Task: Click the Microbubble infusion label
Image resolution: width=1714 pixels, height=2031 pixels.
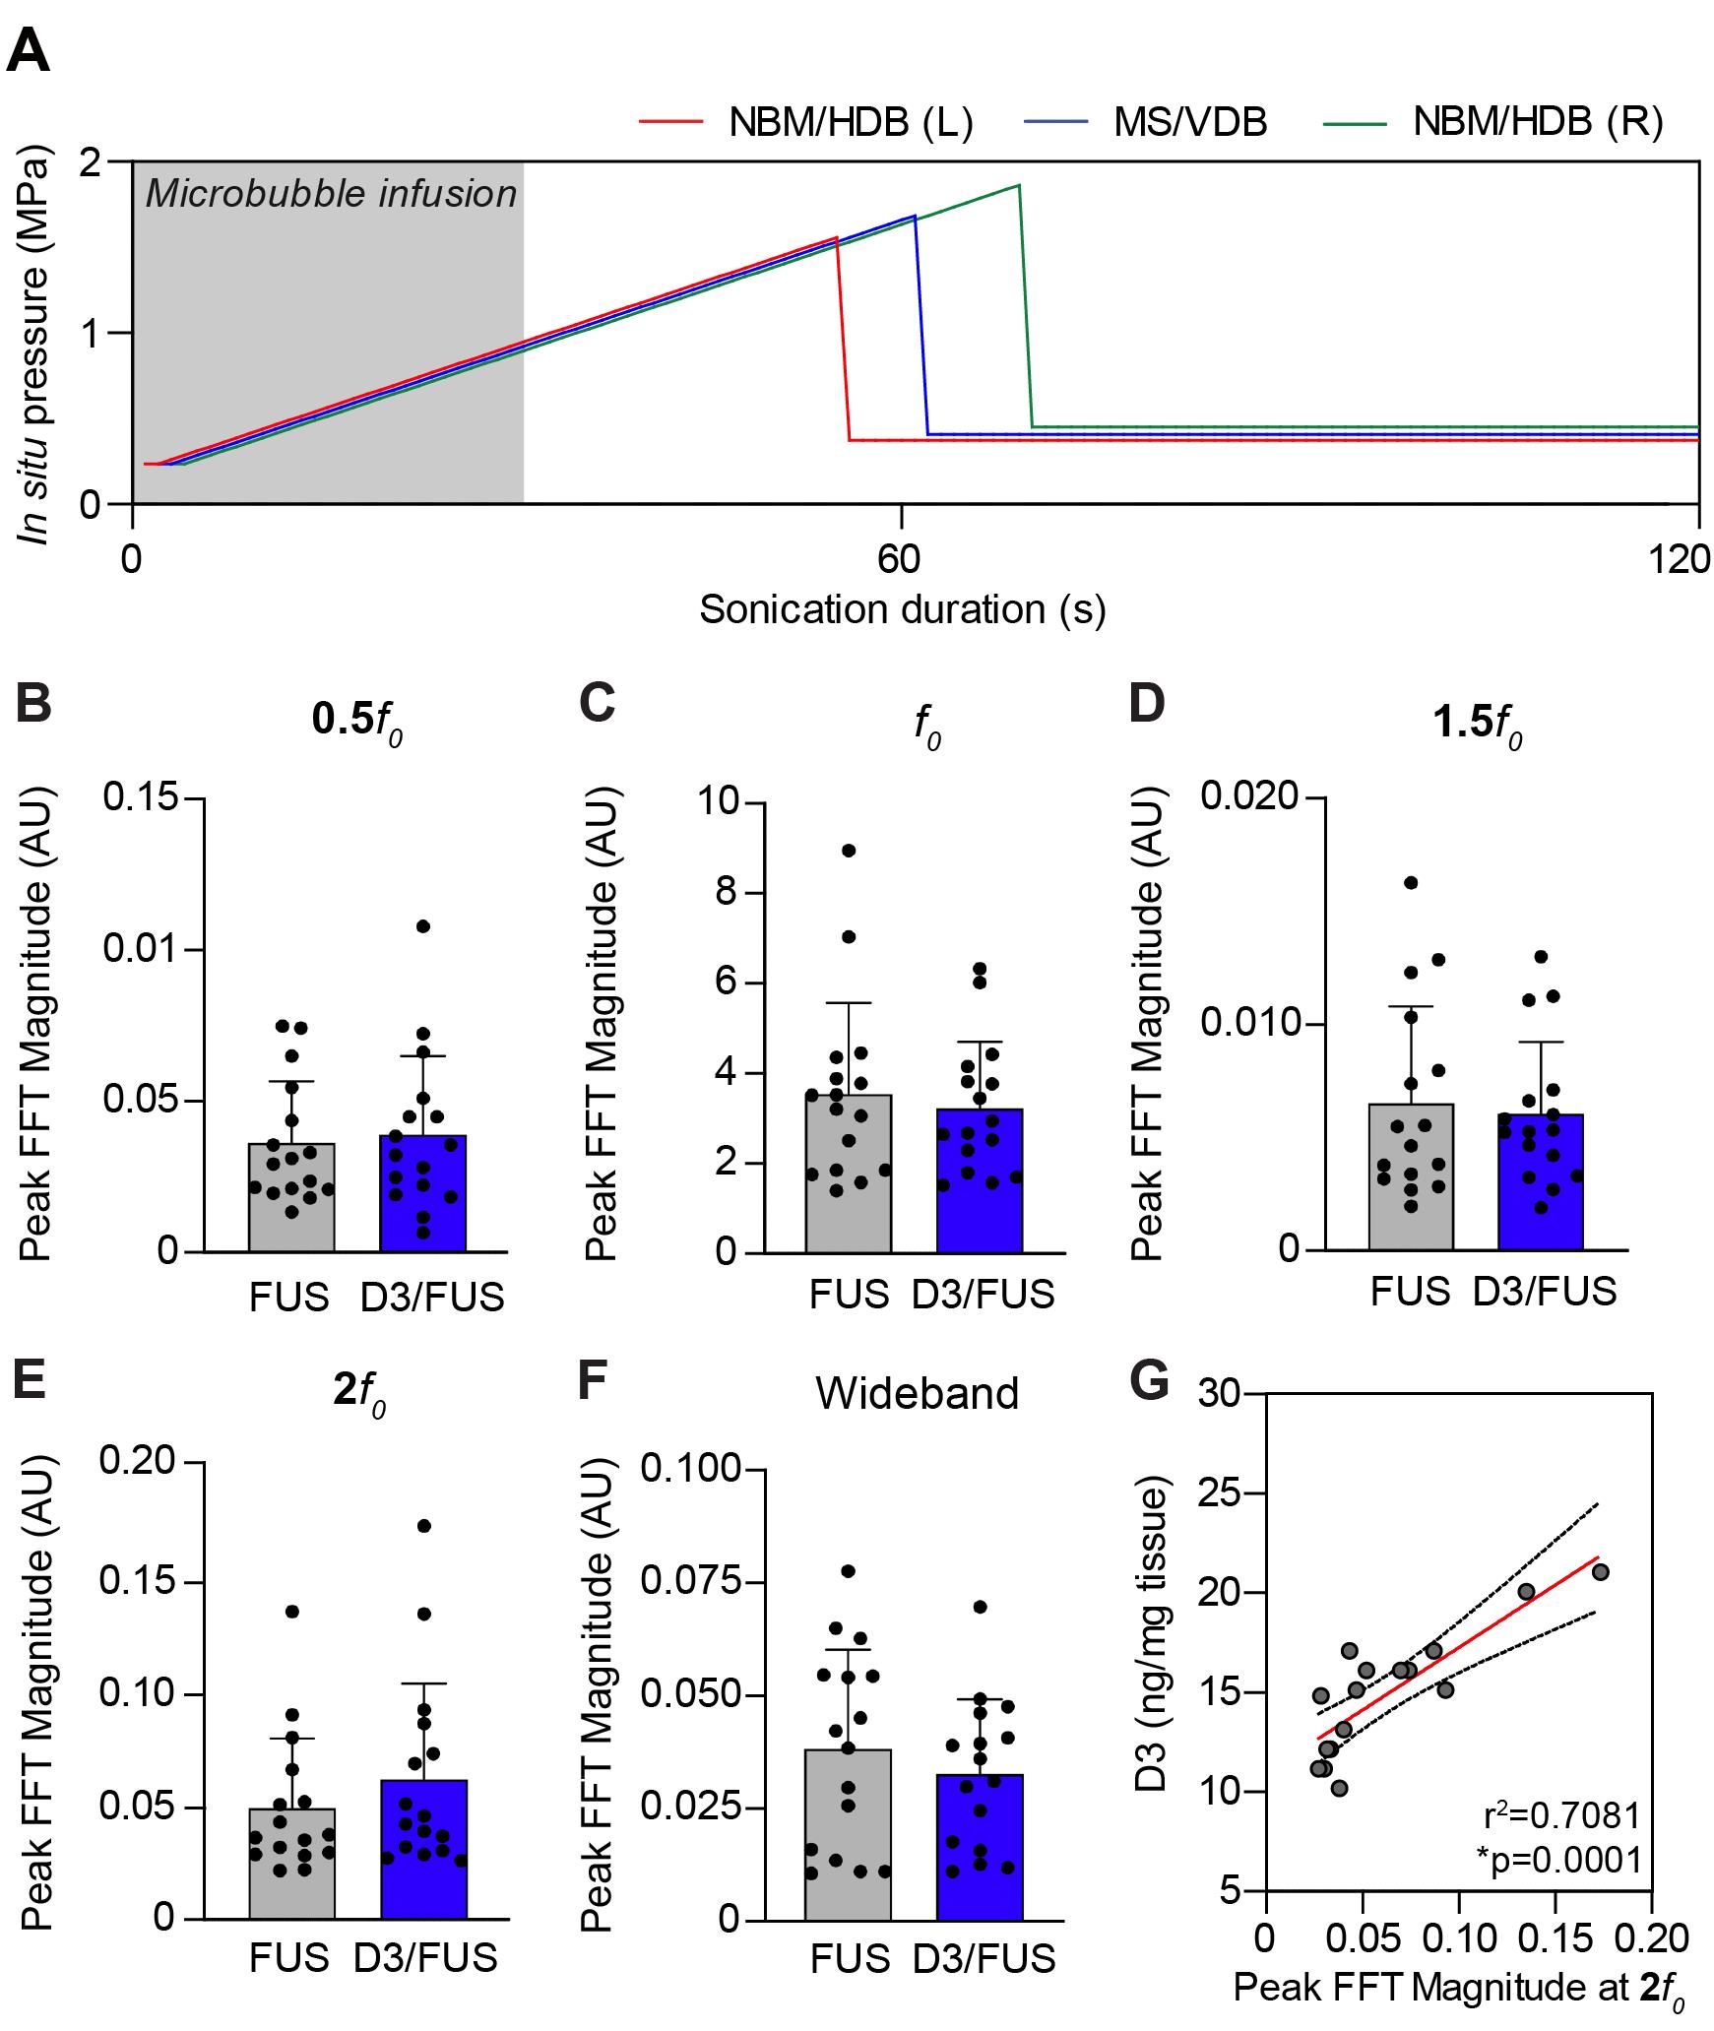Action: tap(331, 194)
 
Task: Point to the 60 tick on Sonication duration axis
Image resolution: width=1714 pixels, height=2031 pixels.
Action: tap(901, 559)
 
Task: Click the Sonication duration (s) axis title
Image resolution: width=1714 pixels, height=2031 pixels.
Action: tap(902, 609)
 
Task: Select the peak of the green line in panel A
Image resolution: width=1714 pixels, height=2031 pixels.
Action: tap(1018, 185)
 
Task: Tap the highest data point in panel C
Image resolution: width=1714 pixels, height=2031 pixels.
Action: tap(849, 851)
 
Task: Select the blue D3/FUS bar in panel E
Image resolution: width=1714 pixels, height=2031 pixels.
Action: tap(423, 1850)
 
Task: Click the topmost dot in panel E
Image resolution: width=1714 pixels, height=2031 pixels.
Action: tap(424, 1526)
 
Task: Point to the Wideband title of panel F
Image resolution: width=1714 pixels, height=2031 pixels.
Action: tap(917, 1393)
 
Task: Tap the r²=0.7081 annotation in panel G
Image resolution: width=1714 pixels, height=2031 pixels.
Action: tap(1562, 1813)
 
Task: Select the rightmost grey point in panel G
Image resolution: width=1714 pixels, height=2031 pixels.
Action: tap(1600, 1572)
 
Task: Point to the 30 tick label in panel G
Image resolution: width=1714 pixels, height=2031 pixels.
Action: tap(1221, 1394)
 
